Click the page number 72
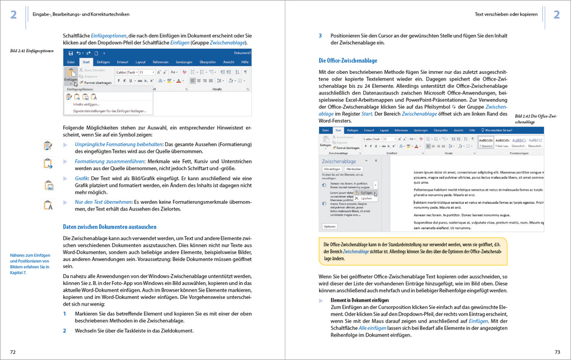(13, 352)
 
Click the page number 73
(557, 352)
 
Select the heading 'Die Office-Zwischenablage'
(348, 60)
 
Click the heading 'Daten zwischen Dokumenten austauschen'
(110, 227)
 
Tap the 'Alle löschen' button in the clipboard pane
(353, 169)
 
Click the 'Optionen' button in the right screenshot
(329, 226)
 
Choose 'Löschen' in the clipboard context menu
(366, 198)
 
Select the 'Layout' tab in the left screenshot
(141, 62)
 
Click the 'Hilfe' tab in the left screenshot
(245, 62)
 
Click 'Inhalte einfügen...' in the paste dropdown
(86, 104)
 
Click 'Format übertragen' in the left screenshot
(99, 83)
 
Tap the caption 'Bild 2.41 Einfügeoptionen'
(32, 52)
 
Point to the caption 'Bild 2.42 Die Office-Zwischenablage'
(536, 119)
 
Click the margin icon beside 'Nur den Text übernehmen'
(48, 205)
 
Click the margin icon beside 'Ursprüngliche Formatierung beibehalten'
(48, 146)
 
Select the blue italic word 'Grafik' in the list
(82, 178)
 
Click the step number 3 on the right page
(320, 35)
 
